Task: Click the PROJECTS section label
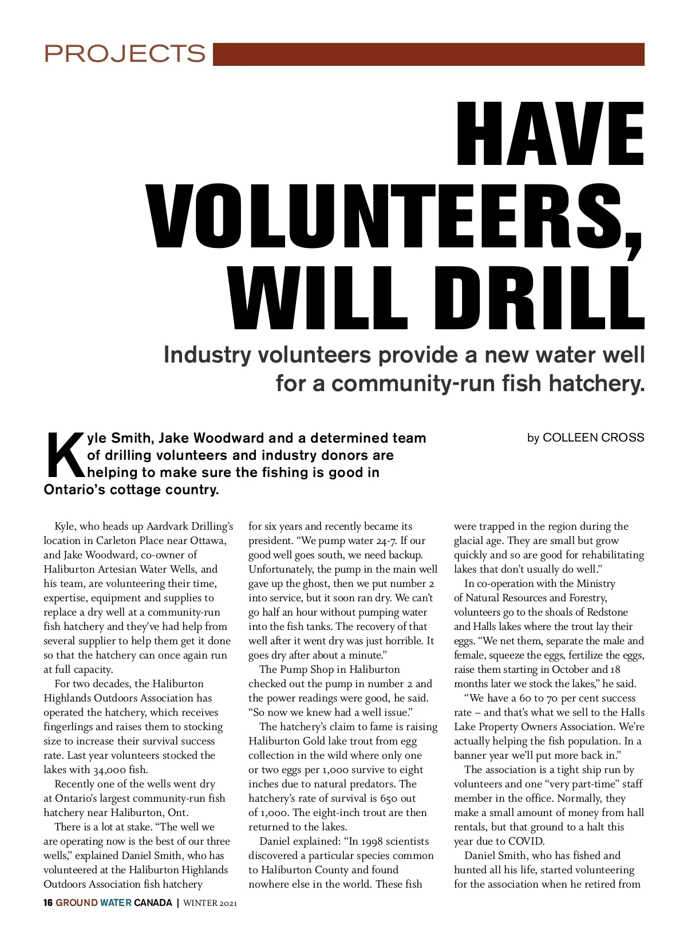125,54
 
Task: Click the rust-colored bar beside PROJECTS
428,54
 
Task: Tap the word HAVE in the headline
550,135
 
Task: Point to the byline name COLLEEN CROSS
593,438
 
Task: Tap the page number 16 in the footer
48,903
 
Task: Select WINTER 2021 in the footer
210,904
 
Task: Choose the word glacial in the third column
469,541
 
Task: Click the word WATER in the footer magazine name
116,903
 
